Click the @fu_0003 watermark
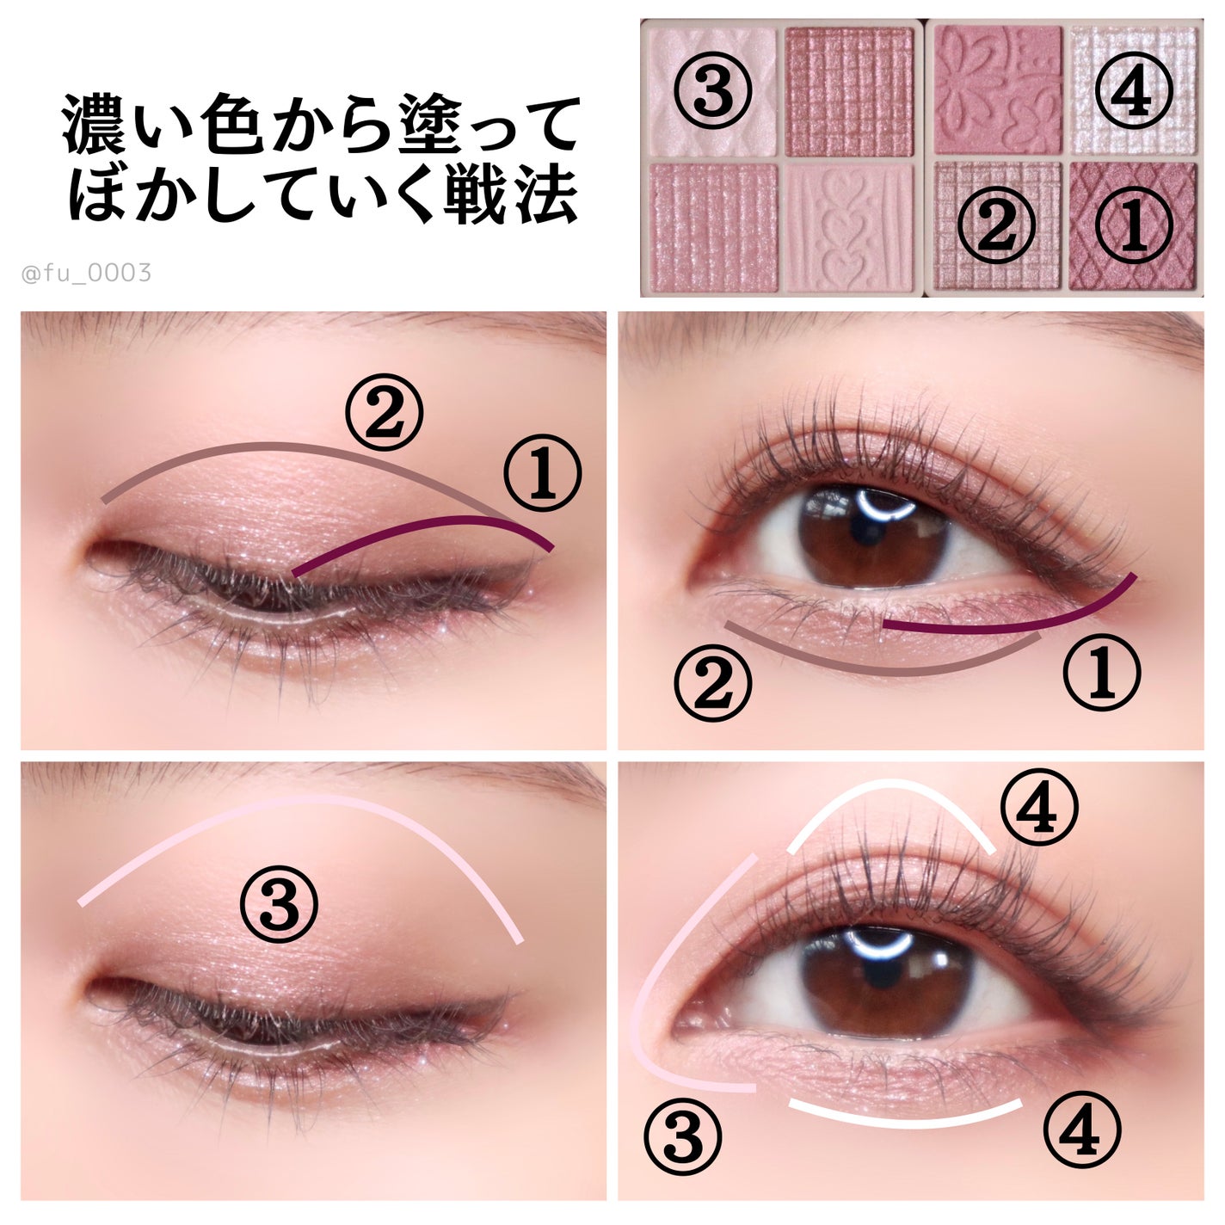pos(87,274)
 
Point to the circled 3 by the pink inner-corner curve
pos(682,1138)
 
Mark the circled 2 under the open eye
pos(712,683)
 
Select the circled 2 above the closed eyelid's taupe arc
pos(384,412)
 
